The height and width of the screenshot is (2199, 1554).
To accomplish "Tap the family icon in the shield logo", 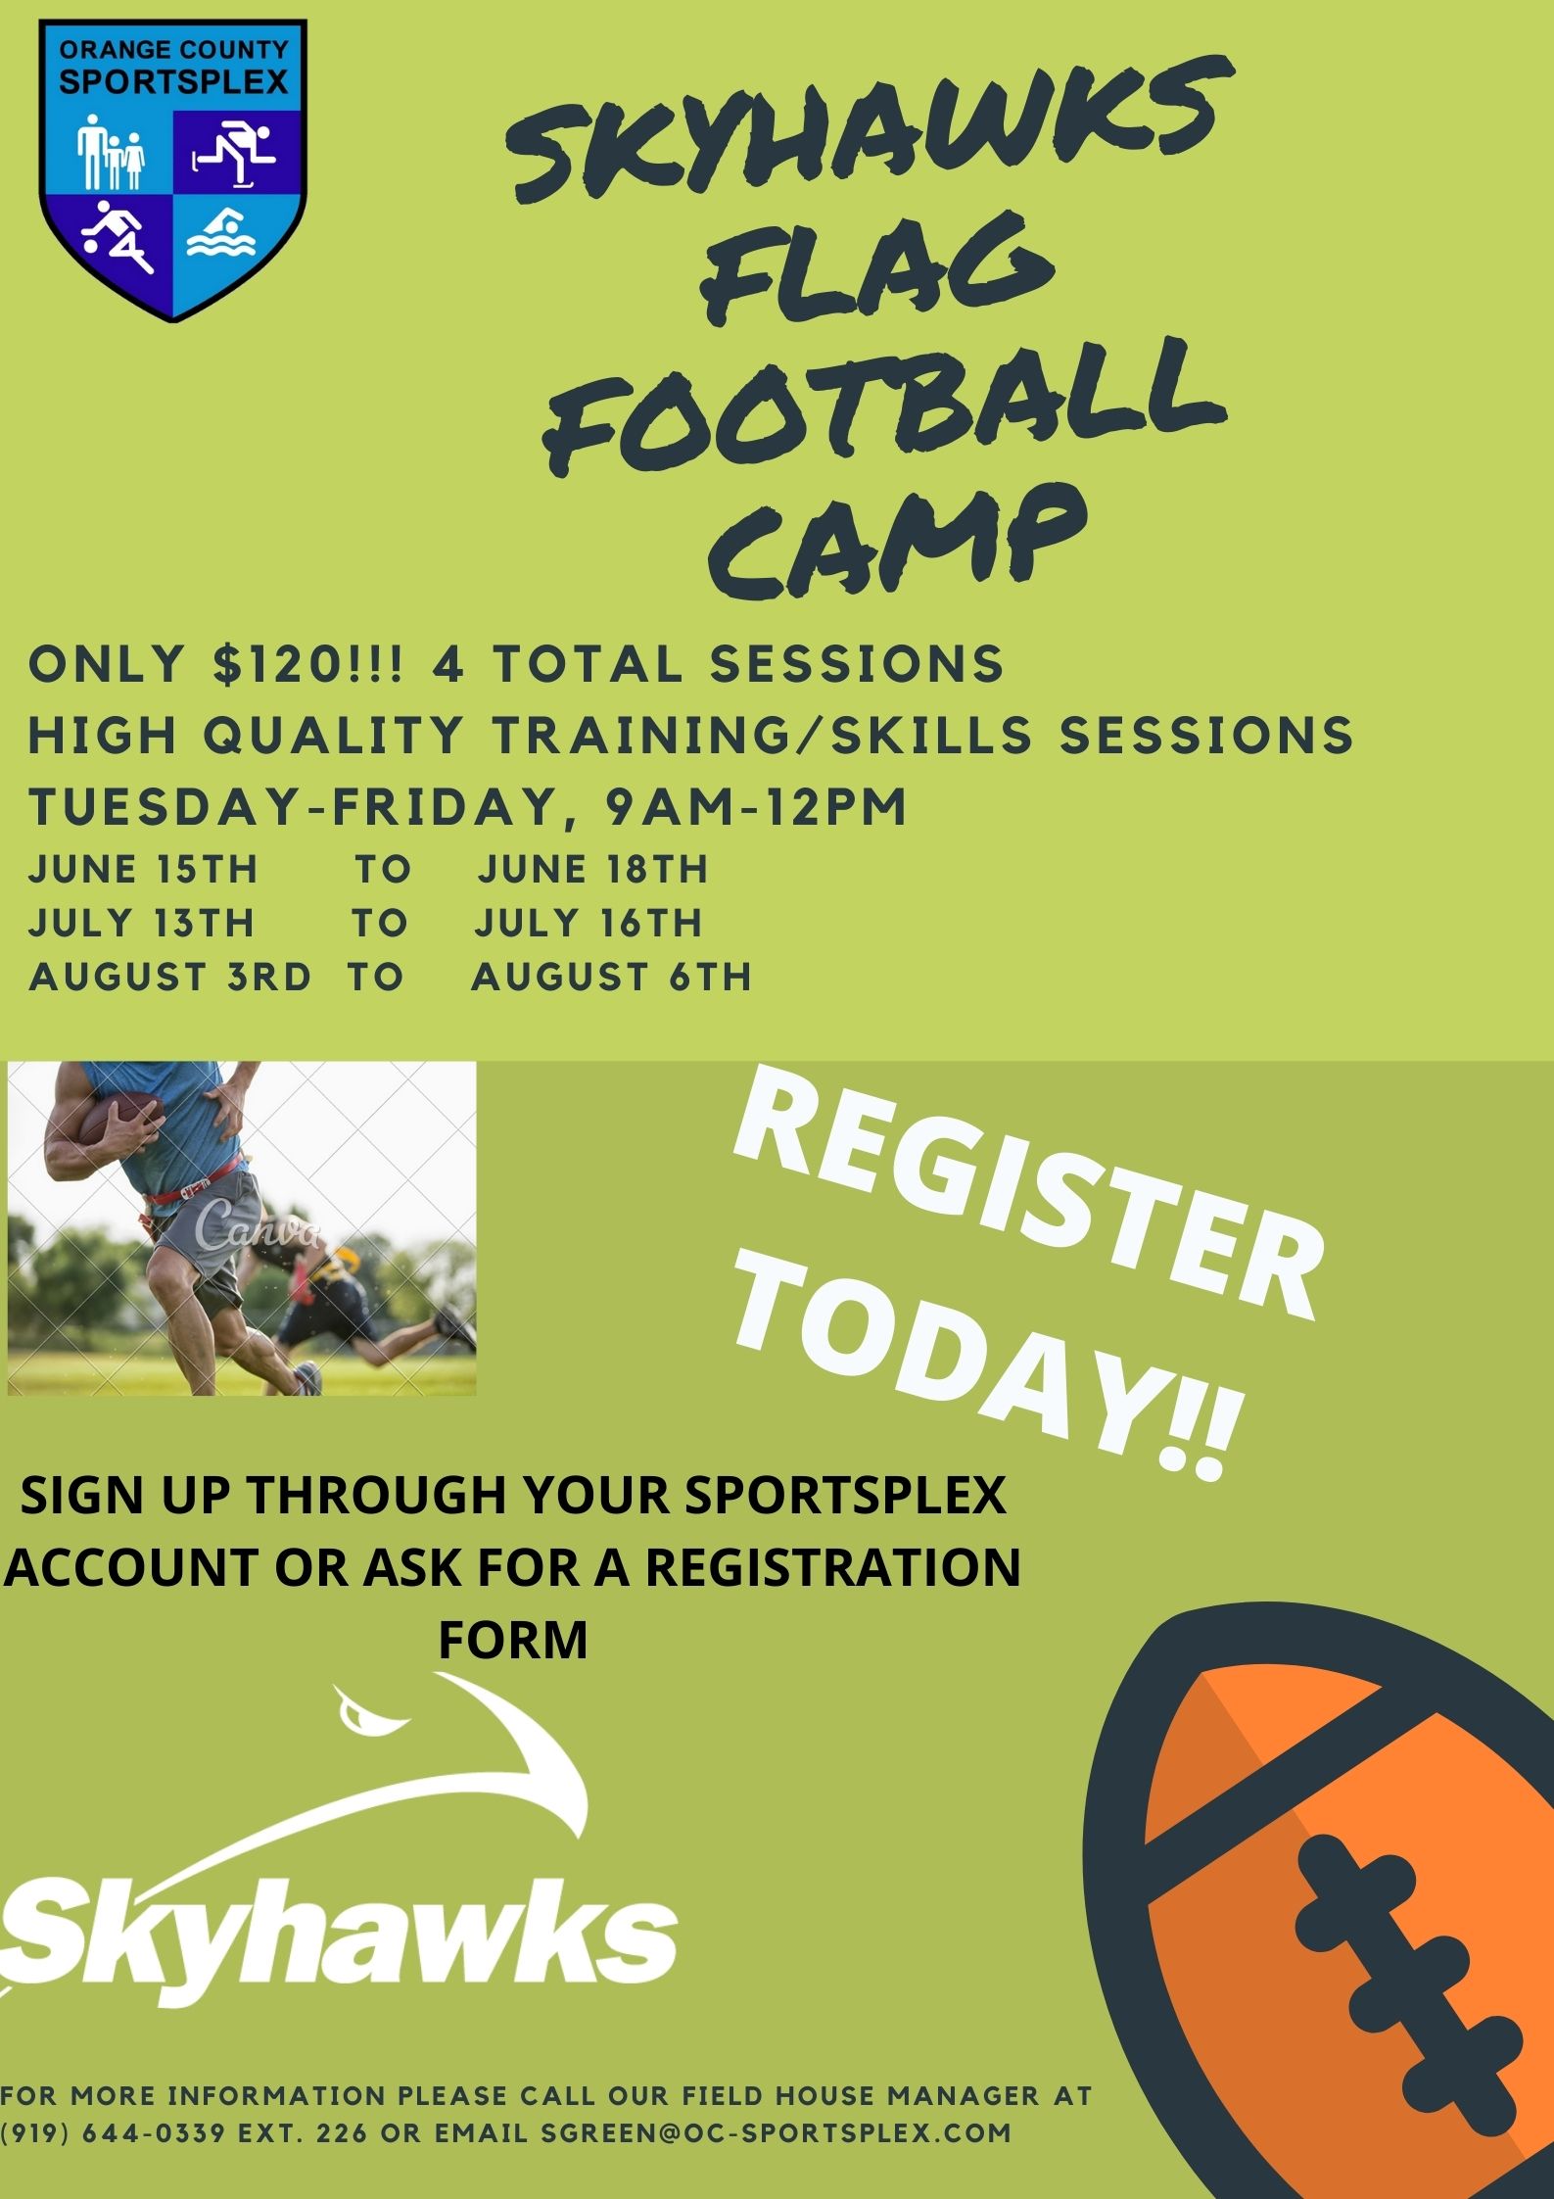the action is click(x=111, y=152).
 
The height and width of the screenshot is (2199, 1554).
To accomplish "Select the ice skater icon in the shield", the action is click(x=233, y=150).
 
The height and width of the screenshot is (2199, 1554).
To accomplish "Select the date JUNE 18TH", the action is click(x=592, y=869).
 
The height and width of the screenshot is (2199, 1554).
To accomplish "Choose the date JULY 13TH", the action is click(x=141, y=923).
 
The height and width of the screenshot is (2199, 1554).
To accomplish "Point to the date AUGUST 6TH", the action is click(x=612, y=977).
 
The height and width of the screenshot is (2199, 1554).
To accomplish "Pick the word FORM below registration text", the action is click(x=513, y=1639).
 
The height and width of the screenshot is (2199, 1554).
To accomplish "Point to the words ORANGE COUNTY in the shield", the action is click(x=173, y=49).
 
